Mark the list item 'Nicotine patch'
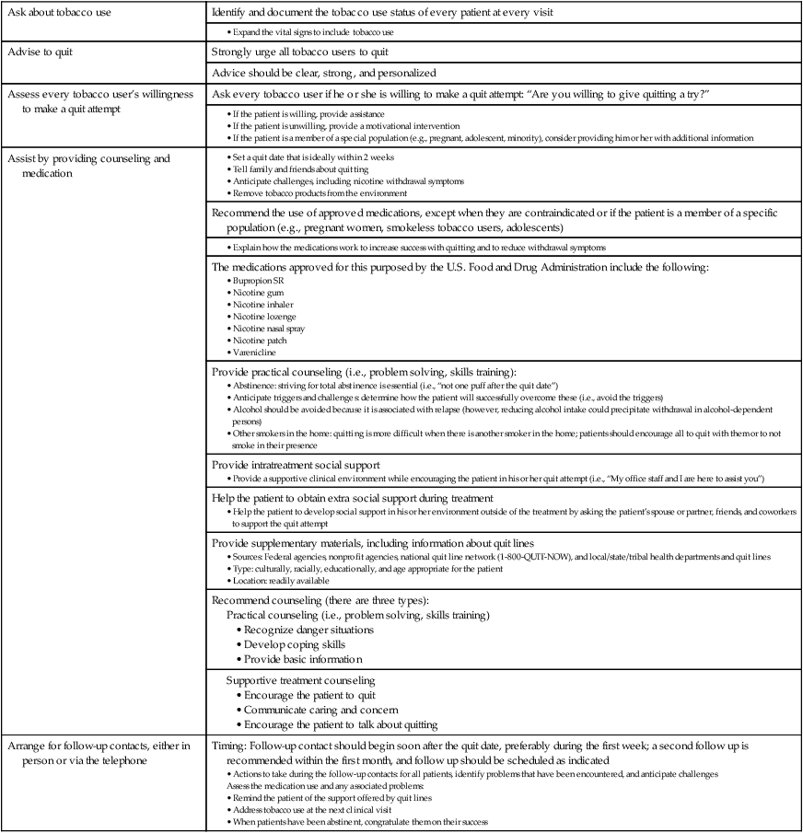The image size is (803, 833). pyautogui.click(x=261, y=340)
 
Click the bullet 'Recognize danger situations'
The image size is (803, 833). pyautogui.click(x=308, y=630)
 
